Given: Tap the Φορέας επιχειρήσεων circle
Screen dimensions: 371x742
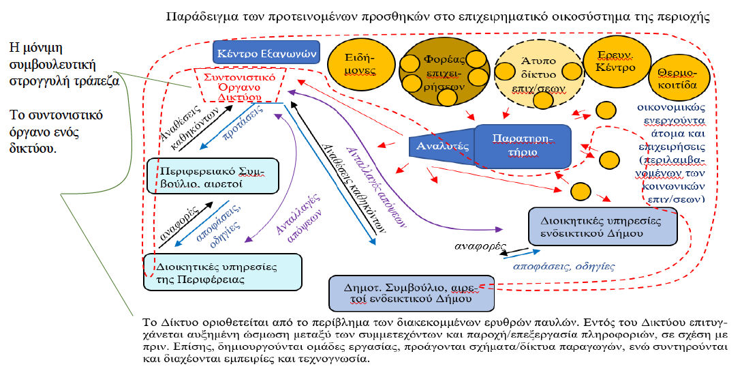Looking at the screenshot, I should [x=439, y=68].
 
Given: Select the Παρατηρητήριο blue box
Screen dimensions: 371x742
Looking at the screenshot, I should [x=522, y=146].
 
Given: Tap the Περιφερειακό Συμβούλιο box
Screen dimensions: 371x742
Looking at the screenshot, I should [x=213, y=176].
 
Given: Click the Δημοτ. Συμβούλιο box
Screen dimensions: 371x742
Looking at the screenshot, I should [x=410, y=293].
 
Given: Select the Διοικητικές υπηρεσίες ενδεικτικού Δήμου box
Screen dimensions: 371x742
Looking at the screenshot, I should [x=603, y=226].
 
